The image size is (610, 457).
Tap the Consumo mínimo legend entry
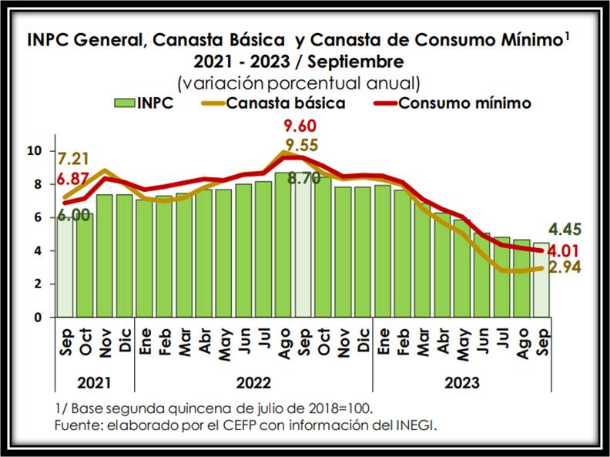pos(455,103)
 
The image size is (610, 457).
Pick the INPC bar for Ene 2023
pos(383,250)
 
